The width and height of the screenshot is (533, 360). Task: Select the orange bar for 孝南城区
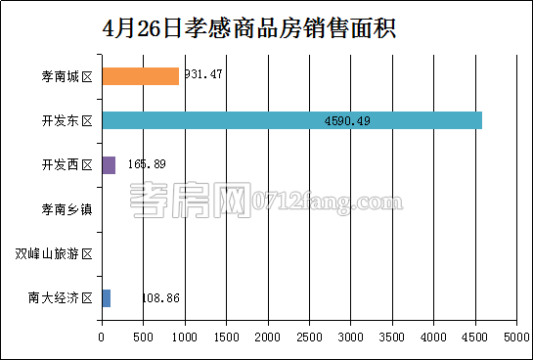pyautogui.click(x=140, y=76)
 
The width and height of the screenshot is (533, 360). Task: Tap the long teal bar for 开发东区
pyautogui.click(x=291, y=120)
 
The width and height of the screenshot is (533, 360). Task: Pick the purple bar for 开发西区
pyautogui.click(x=109, y=164)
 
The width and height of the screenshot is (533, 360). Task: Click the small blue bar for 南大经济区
pyautogui.click(x=106, y=297)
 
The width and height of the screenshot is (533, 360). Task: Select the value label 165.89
pyautogui.click(x=146, y=164)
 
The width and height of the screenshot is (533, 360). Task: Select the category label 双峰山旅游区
pyautogui.click(x=54, y=253)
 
